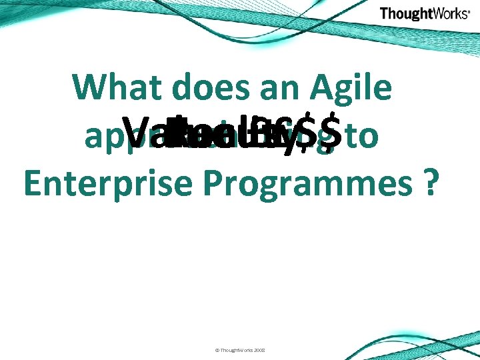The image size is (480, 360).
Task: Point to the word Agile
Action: tap(352, 88)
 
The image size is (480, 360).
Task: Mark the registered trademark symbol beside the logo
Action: tap(469, 11)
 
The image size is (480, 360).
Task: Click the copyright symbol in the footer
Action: tap(217, 349)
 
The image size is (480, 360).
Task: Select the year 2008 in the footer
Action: tap(259, 349)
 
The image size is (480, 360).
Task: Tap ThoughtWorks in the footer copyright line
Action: tap(235, 349)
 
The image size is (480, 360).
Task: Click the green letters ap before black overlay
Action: tap(100, 137)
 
